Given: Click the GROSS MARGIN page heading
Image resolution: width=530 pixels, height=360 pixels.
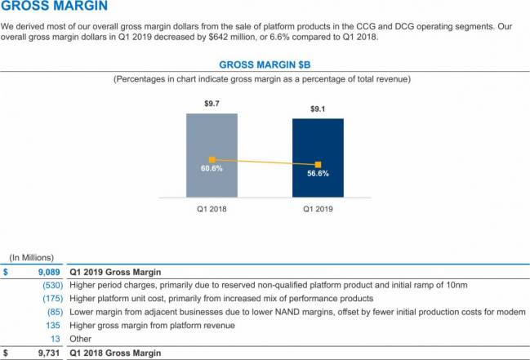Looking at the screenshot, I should click(x=54, y=9).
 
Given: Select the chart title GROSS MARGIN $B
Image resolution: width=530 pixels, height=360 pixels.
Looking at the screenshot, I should click(x=265, y=64).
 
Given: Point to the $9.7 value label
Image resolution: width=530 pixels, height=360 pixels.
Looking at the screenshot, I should click(x=212, y=104).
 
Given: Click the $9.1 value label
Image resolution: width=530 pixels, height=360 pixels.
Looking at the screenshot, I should click(x=318, y=109).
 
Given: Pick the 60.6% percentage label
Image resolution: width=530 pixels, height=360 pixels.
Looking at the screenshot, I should click(x=212, y=169).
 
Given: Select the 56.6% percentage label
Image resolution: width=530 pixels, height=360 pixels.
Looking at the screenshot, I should click(x=318, y=173).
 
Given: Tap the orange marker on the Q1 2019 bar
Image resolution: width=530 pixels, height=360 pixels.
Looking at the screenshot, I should click(x=318, y=164).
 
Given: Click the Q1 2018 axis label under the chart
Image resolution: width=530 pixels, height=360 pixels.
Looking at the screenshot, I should click(x=212, y=209).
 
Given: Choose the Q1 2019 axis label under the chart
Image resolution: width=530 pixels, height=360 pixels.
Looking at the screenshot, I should click(x=318, y=209).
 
